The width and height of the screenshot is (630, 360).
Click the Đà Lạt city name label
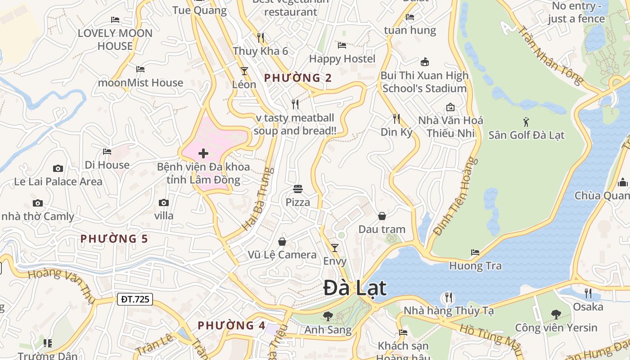pyautogui.click(x=355, y=288)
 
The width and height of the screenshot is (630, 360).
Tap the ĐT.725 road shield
pyautogui.click(x=135, y=299)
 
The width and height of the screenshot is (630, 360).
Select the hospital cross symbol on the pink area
pyautogui.click(x=203, y=153)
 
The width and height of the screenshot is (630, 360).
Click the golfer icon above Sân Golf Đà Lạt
pyautogui.click(x=526, y=121)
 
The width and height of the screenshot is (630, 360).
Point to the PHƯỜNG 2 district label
pyautogui.click(x=298, y=78)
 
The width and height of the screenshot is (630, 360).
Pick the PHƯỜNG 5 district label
pyautogui.click(x=114, y=238)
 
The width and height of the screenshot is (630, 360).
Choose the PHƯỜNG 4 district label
pyautogui.click(x=231, y=325)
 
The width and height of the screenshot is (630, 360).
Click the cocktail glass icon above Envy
pyautogui.click(x=334, y=248)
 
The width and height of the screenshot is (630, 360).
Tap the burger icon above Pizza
pyautogui.click(x=297, y=189)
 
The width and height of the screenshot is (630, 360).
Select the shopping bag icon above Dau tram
pyautogui.click(x=382, y=216)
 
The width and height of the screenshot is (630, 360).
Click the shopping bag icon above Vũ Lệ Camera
pyautogui.click(x=282, y=242)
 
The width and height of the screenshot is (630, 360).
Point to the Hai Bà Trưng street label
pyautogui.click(x=258, y=199)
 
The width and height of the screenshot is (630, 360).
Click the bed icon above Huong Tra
pyautogui.click(x=475, y=252)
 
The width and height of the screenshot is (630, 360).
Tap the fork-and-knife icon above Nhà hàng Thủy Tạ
pyautogui.click(x=448, y=297)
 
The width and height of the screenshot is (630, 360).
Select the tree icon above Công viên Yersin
pyautogui.click(x=556, y=314)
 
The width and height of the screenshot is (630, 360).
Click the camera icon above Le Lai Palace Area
pyautogui.click(x=58, y=168)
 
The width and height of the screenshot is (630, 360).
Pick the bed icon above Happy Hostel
pyautogui.click(x=342, y=45)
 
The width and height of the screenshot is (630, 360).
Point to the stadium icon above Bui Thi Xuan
pyautogui.click(x=424, y=62)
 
